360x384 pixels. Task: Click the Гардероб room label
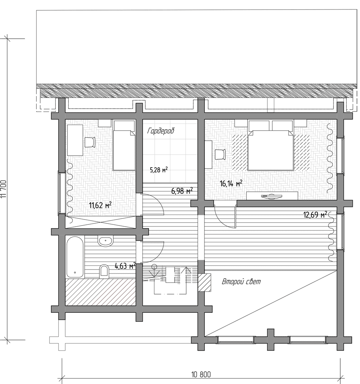(161, 131)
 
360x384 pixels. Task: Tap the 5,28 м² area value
(159, 169)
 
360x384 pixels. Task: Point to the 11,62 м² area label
(100, 205)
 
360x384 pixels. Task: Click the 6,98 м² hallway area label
(182, 191)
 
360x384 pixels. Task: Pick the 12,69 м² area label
(315, 215)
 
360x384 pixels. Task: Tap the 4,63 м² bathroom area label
(125, 266)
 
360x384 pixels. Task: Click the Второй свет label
(241, 282)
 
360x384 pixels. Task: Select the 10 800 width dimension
(201, 375)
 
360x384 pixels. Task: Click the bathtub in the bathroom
(75, 257)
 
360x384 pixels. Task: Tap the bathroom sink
(105, 241)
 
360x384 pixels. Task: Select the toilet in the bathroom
(104, 271)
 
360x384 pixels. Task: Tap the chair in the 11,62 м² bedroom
(90, 142)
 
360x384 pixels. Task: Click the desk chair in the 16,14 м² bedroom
(220, 155)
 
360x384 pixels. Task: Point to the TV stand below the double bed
(272, 196)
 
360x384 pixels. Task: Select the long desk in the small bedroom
(75, 140)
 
